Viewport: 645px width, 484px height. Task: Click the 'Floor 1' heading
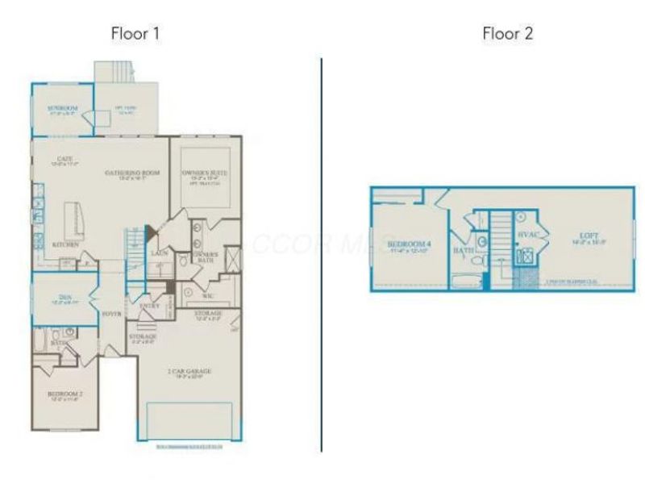[135, 34]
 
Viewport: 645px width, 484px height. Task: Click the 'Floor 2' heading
[508, 34]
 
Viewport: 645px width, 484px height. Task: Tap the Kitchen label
[65, 244]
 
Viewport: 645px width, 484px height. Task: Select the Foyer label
[111, 313]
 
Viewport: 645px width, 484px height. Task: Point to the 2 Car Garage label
[189, 371]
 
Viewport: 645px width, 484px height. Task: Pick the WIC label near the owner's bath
[206, 296]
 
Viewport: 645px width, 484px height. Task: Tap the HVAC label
[528, 235]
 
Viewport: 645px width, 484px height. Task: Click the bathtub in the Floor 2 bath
[465, 282]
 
